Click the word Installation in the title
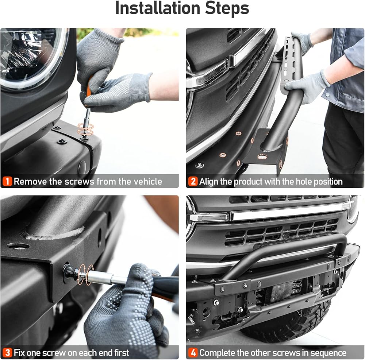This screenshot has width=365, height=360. (x=158, y=8)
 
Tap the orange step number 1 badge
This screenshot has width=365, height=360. (x=7, y=181)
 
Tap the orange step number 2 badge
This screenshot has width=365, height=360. (x=193, y=181)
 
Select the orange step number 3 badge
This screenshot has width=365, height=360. (x=7, y=353)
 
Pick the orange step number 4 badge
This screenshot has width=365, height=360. (x=193, y=353)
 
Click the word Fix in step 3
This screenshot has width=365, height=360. (x=19, y=353)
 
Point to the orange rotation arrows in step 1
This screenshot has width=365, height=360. (x=85, y=129)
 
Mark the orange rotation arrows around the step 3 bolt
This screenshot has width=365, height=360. (x=87, y=274)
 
